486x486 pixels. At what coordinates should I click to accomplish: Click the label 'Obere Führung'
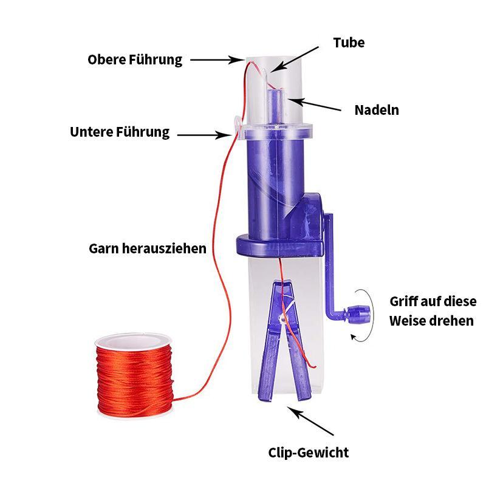coord(135,60)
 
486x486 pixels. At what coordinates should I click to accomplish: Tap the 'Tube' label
coord(349,43)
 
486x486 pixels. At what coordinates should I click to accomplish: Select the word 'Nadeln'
coord(377,110)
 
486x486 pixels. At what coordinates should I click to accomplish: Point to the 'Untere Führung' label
coord(120,132)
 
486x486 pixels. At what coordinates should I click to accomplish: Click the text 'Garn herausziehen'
coord(148,248)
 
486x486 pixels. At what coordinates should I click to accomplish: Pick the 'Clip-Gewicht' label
coord(309,452)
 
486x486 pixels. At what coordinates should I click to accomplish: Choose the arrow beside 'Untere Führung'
coord(200,134)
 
